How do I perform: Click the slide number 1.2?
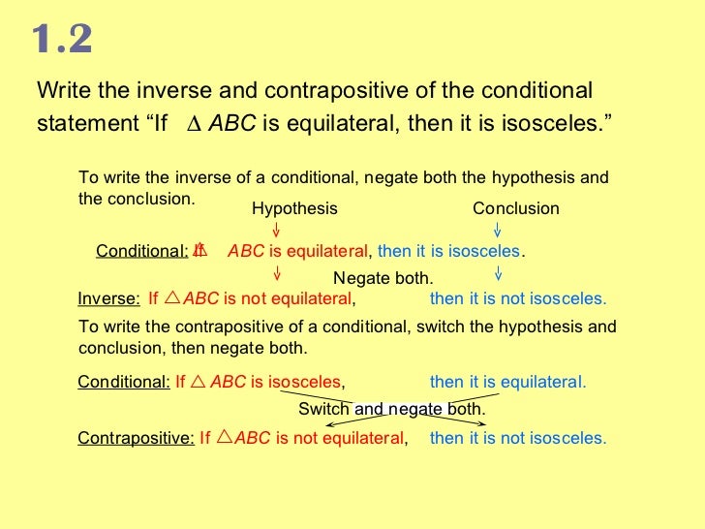(x=62, y=40)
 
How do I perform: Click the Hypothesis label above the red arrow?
(x=294, y=208)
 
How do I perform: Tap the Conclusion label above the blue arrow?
(x=515, y=208)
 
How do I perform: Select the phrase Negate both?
(x=383, y=278)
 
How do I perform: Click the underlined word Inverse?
(x=108, y=299)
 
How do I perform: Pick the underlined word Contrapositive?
(x=136, y=438)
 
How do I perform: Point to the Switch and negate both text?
(x=391, y=409)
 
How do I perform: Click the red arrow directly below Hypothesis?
(x=277, y=230)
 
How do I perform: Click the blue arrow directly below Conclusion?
(x=497, y=230)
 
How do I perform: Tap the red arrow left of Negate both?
(x=277, y=275)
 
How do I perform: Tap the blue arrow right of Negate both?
(x=497, y=275)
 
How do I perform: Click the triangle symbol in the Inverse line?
(x=172, y=297)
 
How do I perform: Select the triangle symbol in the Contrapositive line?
(x=224, y=436)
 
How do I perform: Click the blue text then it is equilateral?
(x=507, y=382)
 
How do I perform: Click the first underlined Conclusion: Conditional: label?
(x=141, y=252)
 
